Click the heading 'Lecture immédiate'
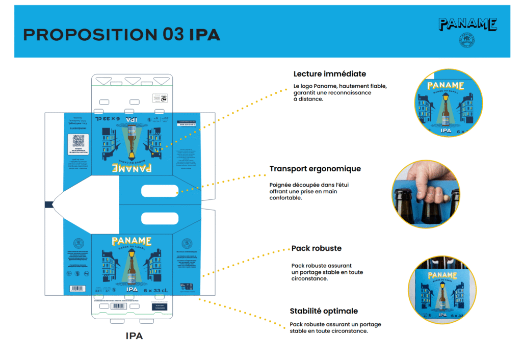pyautogui.click(x=329, y=74)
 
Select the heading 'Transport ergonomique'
pyautogui.click(x=315, y=169)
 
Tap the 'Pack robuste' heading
pyautogui.click(x=316, y=248)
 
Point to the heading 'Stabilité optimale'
pyautogui.click(x=324, y=311)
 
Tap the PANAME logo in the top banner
pyautogui.click(x=467, y=24)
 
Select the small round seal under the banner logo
pyautogui.click(x=467, y=40)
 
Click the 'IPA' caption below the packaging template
pyautogui.click(x=134, y=336)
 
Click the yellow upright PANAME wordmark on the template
pyautogui.click(x=132, y=241)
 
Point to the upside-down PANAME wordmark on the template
pyautogui.click(x=132, y=168)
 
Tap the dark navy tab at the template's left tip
pyautogui.click(x=49, y=204)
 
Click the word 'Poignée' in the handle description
pyautogui.click(x=281, y=184)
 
